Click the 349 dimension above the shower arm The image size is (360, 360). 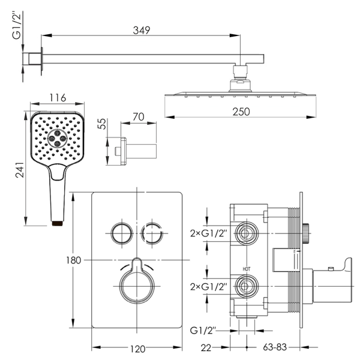(x=142, y=31)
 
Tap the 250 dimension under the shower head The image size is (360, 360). (x=241, y=112)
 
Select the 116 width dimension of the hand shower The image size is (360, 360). (x=58, y=98)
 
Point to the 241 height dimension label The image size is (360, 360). (x=20, y=170)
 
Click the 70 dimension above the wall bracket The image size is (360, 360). (x=139, y=117)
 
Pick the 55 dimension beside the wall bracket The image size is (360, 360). (x=102, y=124)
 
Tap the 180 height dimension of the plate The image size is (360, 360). (x=73, y=260)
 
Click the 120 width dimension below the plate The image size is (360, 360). (x=138, y=349)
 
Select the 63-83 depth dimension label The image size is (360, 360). (x=275, y=347)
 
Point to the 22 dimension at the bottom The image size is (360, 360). (x=206, y=348)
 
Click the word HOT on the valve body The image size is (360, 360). (x=247, y=269)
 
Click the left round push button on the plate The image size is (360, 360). (x=122, y=233)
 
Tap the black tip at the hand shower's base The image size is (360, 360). (x=58, y=223)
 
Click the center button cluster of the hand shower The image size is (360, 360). (x=57, y=138)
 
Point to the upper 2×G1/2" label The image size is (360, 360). (x=208, y=233)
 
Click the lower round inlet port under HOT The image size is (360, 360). (x=247, y=286)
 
